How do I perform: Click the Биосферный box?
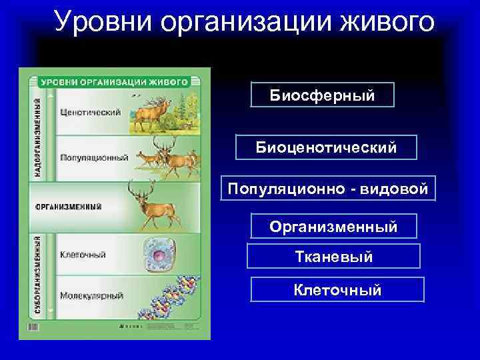coord(322,95)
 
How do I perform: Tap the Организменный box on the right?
coord(333,227)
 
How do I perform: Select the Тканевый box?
coord(333,256)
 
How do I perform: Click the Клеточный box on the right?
coord(337,290)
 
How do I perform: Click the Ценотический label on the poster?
coord(90,112)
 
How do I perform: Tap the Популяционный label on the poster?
coord(94,158)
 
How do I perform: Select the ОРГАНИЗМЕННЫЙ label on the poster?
coord(69,205)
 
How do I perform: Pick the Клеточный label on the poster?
coord(83,254)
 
